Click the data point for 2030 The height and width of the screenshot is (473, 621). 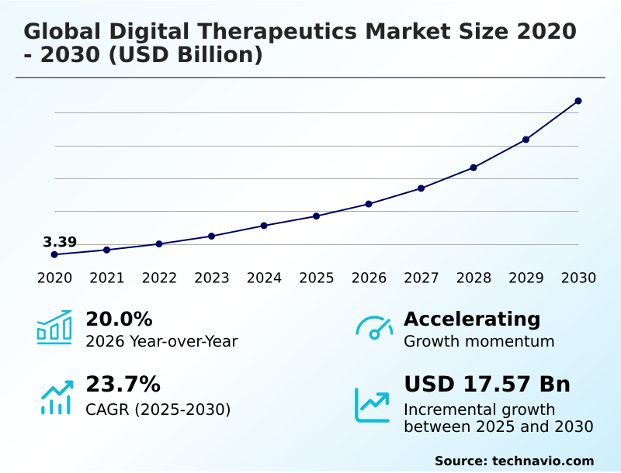(x=578, y=101)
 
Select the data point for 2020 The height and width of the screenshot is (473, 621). (x=54, y=254)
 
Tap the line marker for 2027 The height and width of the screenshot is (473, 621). (x=421, y=188)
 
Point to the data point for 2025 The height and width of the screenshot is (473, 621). (x=316, y=216)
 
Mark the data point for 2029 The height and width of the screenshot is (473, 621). (x=526, y=140)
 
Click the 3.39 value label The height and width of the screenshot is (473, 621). (x=60, y=242)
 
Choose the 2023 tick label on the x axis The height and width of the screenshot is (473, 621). (x=211, y=278)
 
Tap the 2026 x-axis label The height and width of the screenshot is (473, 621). (x=369, y=278)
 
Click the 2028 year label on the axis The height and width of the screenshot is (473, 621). (x=474, y=278)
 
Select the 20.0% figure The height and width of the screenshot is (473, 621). (x=119, y=319)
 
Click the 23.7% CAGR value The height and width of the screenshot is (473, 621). (x=123, y=384)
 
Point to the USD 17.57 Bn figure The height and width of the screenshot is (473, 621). (x=487, y=384)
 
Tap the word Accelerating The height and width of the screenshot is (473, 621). (x=472, y=319)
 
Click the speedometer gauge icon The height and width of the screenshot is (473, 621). (x=374, y=327)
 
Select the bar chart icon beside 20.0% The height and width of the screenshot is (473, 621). (x=54, y=327)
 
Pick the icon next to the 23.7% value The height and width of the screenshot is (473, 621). (x=56, y=397)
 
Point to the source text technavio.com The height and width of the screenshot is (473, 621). (x=543, y=461)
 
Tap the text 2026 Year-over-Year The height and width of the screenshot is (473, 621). (x=161, y=341)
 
